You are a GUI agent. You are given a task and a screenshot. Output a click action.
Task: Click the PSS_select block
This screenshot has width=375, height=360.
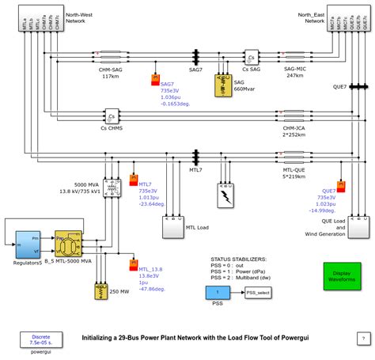click(259, 292)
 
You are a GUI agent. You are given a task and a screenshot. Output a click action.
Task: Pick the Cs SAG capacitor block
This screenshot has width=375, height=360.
click(251, 59)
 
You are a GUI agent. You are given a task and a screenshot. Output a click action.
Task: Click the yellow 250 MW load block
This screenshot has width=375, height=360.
click(100, 292)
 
